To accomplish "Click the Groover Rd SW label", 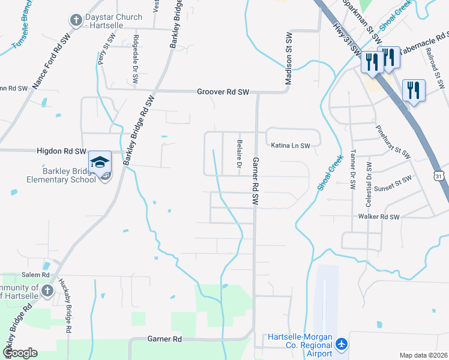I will point(223,92).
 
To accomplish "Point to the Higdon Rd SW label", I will point(62,152).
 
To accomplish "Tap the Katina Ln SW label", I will point(290,146).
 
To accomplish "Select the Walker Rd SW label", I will point(378,217).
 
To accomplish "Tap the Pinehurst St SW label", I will point(393,142).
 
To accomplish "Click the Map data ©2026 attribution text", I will point(424,355).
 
